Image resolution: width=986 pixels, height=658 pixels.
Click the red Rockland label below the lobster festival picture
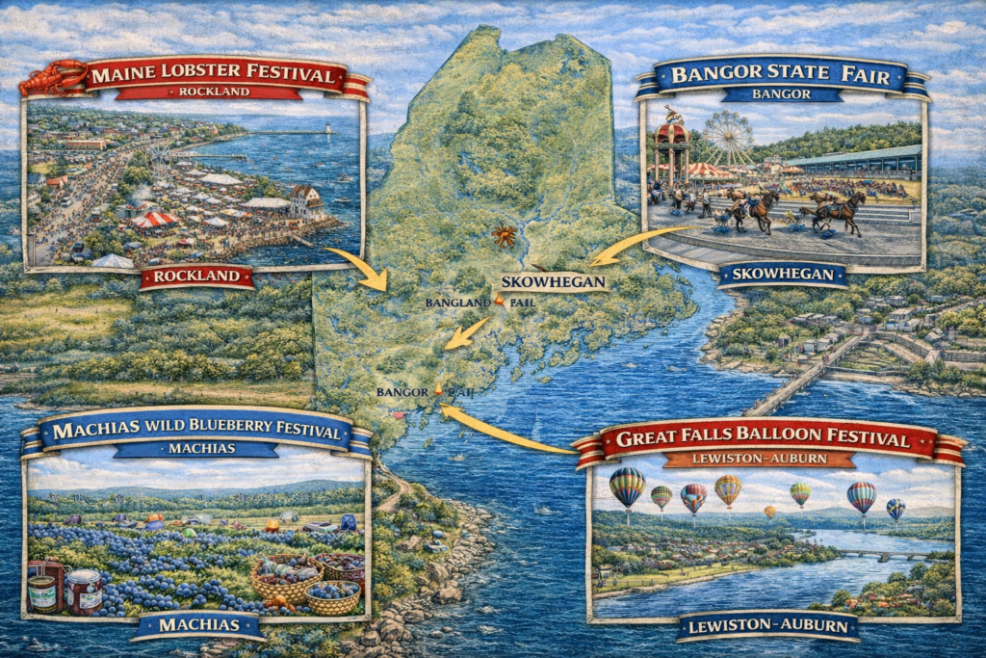tap(197, 278)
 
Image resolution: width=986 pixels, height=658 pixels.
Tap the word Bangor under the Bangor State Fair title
tap(781, 94)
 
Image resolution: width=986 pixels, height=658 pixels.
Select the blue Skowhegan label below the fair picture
tap(782, 275)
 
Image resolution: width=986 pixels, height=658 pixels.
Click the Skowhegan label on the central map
tap(554, 282)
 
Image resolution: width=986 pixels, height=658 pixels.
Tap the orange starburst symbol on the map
tap(501, 233)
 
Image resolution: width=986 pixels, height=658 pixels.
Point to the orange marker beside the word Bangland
tap(498, 301)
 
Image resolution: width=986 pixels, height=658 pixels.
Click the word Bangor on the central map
tap(401, 392)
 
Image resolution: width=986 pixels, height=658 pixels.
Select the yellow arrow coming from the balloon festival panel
tap(501, 432)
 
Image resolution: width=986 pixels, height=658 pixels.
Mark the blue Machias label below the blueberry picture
tap(198, 626)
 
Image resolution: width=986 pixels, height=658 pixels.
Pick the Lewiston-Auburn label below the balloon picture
tap(767, 628)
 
